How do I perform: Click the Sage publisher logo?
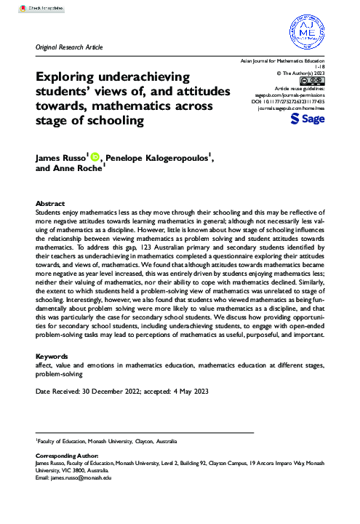(x=305, y=119)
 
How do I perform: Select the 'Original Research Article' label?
(x=69, y=47)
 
